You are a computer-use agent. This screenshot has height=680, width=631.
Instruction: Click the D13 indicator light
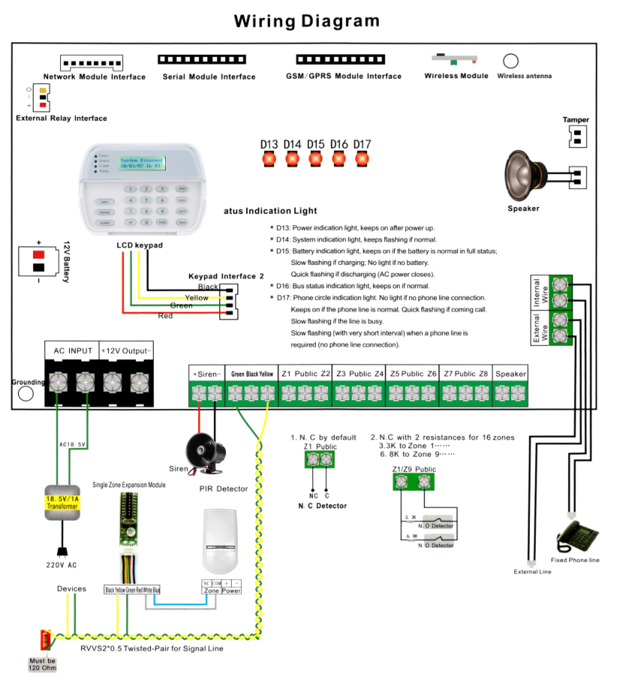269,159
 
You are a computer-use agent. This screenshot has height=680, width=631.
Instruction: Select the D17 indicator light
362,159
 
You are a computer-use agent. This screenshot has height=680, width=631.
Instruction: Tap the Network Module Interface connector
93,63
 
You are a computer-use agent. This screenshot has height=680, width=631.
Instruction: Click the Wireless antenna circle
512,62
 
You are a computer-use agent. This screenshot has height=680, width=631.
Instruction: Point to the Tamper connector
576,135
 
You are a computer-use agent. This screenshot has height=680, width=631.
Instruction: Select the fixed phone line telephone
576,536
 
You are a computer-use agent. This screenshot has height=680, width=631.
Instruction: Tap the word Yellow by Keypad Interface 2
197,298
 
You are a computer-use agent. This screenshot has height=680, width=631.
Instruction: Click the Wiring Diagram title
307,21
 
